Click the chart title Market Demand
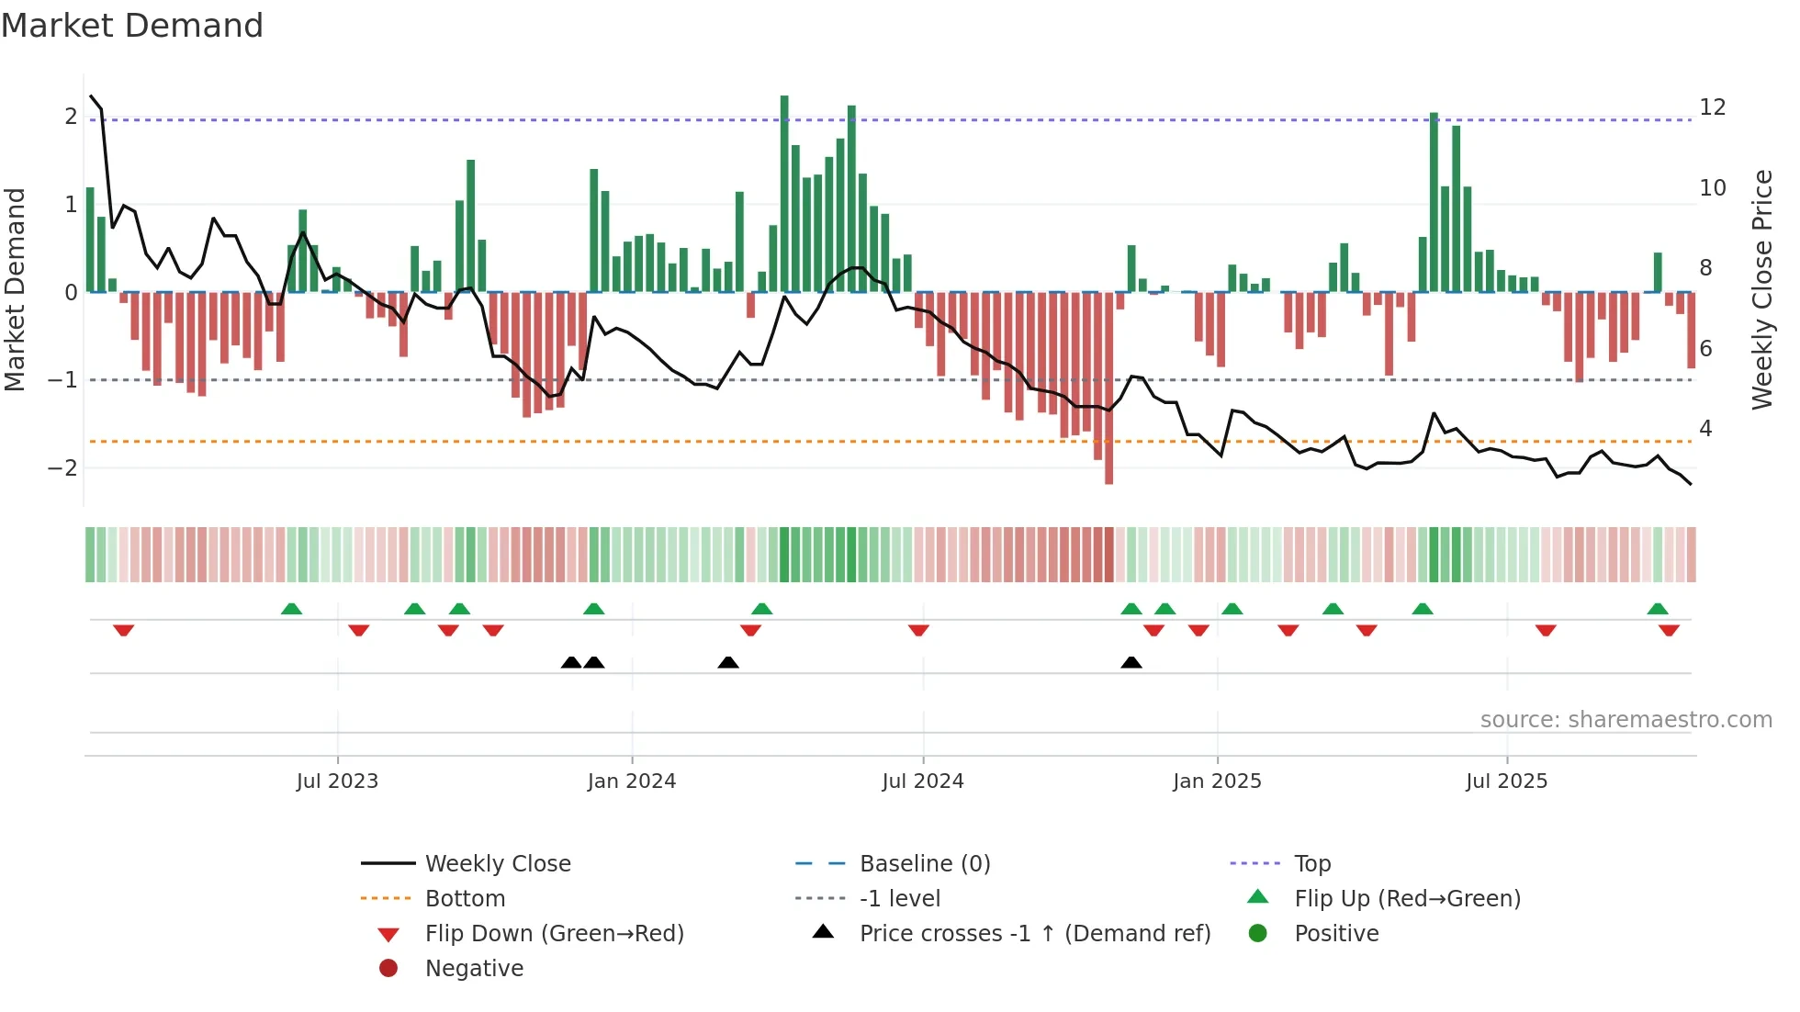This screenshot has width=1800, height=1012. (132, 26)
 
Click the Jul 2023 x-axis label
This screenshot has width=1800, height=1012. (337, 781)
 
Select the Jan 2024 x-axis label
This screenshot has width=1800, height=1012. (632, 781)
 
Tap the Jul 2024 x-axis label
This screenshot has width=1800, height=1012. (923, 781)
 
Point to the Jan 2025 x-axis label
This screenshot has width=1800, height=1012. (1217, 781)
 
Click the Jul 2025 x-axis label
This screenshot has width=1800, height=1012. (1507, 781)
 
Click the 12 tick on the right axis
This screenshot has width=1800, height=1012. (1713, 107)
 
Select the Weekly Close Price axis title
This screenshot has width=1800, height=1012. (1762, 289)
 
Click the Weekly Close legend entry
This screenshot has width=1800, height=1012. (498, 864)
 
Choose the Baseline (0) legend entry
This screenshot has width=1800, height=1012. (925, 864)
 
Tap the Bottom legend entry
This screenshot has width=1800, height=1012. (465, 899)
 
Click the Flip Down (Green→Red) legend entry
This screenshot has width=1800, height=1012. (554, 934)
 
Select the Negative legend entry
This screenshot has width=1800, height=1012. (474, 969)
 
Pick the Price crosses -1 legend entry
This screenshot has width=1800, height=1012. (1035, 934)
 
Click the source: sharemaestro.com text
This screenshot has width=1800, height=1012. (1626, 720)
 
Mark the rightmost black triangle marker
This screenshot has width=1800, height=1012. (1131, 662)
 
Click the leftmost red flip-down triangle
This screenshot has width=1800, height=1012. (124, 630)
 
